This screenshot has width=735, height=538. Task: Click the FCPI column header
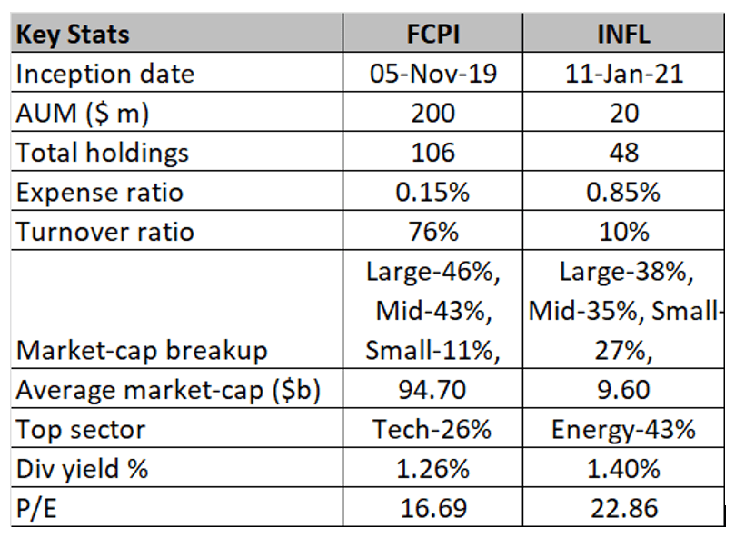[x=432, y=35]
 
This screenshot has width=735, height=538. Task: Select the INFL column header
[x=625, y=35]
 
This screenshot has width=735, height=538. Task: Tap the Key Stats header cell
[x=74, y=35]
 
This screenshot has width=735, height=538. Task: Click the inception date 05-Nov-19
[x=432, y=74]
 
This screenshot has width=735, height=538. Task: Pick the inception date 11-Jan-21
[x=625, y=74]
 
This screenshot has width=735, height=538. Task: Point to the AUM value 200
[x=432, y=113]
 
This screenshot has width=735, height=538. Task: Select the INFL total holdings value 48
[x=625, y=152]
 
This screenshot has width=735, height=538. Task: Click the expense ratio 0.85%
[x=625, y=192]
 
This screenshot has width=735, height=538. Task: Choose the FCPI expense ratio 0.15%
[x=432, y=192]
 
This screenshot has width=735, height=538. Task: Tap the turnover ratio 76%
[x=432, y=231]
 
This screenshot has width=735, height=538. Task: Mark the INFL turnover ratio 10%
[x=625, y=231]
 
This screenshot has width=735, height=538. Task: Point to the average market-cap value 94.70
[x=432, y=390]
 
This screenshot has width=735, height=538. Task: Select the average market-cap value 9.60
[x=625, y=390]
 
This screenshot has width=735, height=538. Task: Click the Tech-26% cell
[x=432, y=429]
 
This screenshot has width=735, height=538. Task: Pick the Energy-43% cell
[x=625, y=429]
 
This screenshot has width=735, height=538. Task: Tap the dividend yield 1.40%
[x=625, y=469]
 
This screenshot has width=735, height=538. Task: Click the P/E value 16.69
[x=432, y=508]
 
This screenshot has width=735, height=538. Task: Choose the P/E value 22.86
[x=625, y=508]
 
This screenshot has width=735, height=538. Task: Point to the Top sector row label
[x=80, y=429]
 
